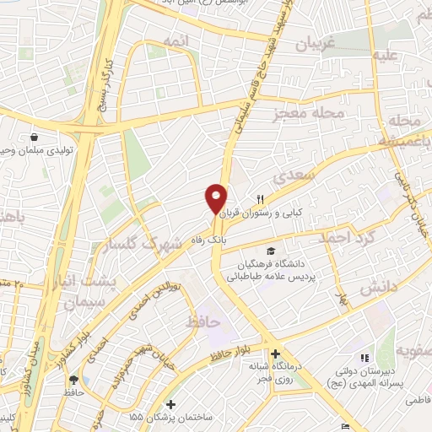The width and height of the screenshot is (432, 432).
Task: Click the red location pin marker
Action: click(x=216, y=198)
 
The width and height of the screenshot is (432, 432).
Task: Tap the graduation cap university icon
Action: click(x=271, y=251)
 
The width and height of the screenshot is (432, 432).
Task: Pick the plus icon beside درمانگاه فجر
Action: click(x=275, y=354)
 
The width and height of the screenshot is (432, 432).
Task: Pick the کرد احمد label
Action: click(x=347, y=238)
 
